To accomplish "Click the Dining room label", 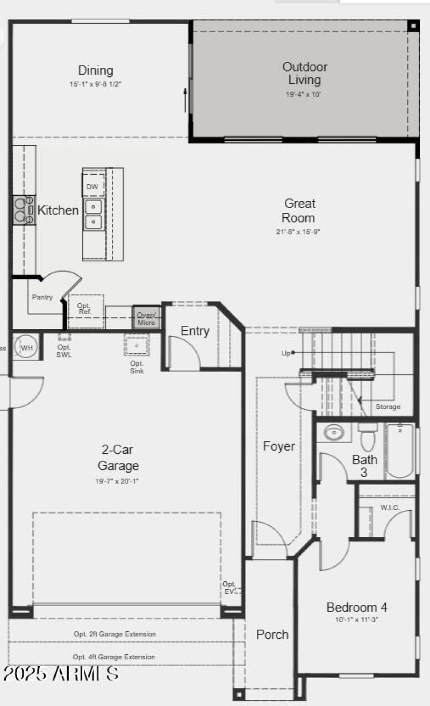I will [96, 70].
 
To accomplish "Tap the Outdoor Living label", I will [305, 74].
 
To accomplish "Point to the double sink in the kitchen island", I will [94, 213].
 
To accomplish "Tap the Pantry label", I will [42, 297].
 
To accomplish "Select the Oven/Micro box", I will [146, 318].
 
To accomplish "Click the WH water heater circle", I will [26, 347].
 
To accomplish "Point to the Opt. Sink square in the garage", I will [137, 344].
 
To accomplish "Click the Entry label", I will [195, 331].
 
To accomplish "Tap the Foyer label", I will [279, 446].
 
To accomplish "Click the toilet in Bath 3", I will [368, 437].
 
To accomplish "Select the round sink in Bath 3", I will [334, 432].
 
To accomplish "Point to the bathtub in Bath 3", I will [400, 451].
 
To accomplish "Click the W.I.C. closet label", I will [390, 508].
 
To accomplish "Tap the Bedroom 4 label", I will [357, 607].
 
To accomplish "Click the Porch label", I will [272, 634].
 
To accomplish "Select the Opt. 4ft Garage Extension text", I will [114, 657].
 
